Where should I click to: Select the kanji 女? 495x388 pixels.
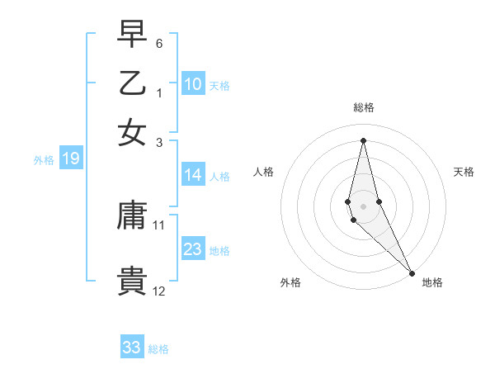(x=133, y=133)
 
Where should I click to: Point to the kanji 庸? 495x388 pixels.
(x=133, y=216)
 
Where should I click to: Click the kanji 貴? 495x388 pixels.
(x=133, y=281)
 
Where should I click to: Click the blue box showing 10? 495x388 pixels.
(x=193, y=84)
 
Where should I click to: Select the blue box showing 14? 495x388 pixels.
(x=193, y=175)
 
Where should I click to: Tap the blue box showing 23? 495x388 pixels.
(x=193, y=249)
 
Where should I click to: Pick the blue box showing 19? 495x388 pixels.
(x=71, y=159)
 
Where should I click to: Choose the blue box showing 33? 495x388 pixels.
(x=132, y=348)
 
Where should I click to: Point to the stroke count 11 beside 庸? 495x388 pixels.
(x=159, y=225)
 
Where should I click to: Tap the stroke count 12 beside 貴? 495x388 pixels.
(x=159, y=291)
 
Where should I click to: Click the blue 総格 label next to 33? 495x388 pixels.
(x=158, y=349)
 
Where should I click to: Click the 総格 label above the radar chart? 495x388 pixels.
(x=363, y=107)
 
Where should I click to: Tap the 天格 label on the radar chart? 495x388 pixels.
(x=464, y=172)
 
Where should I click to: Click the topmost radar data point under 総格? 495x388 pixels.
(x=363, y=140)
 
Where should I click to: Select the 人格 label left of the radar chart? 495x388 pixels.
(x=263, y=172)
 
